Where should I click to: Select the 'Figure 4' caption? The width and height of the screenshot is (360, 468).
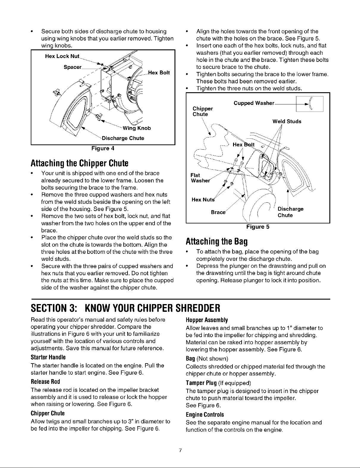point(103,148)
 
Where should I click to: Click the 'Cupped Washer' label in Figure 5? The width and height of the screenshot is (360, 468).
point(253,103)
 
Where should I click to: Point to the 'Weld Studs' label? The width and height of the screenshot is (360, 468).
point(287,121)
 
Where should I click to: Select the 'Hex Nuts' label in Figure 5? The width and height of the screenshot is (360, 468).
point(201,200)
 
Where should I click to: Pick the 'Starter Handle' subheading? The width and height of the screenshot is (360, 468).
point(48,357)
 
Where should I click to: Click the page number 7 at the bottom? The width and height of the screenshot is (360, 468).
point(180,450)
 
